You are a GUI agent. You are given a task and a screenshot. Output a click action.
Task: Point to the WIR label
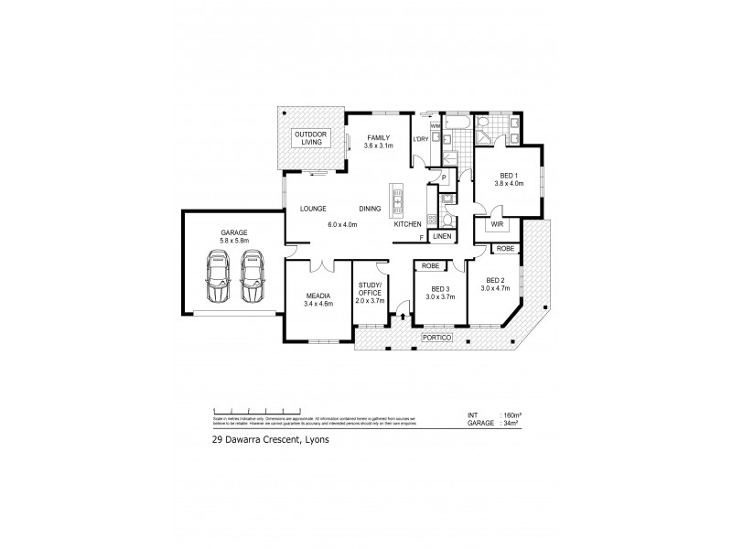point(496,222)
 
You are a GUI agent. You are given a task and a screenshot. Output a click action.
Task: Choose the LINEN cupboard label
point(442,237)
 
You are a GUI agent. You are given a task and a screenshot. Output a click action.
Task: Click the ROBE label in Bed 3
point(429,266)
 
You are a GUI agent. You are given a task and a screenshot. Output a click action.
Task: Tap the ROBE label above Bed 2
point(504,248)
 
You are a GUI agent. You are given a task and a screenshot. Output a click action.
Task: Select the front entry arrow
point(402,318)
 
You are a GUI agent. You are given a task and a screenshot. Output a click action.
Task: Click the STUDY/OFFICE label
point(371,292)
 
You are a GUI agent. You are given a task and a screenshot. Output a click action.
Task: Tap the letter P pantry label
point(443,178)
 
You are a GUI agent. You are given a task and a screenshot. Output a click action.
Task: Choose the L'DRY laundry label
point(422,138)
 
